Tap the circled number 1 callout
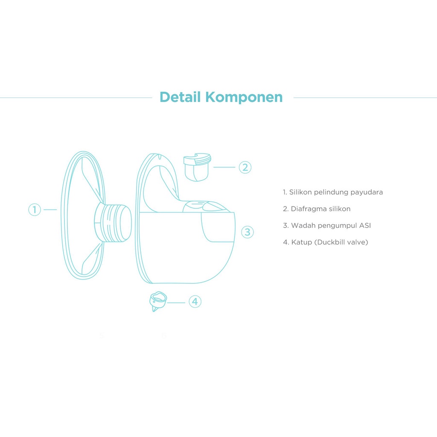click(35, 210)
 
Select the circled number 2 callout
click(245, 167)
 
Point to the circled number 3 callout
click(248, 232)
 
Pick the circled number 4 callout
click(195, 302)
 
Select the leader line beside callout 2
click(224, 167)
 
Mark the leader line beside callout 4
click(176, 302)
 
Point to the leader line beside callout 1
click(50, 210)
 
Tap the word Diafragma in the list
click(308, 209)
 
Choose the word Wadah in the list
click(302, 225)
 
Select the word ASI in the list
click(365, 225)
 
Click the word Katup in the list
click(300, 242)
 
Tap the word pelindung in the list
click(331, 192)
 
